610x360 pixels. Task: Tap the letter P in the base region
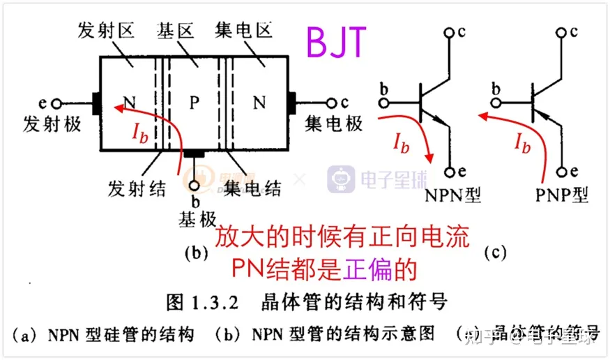(x=195, y=103)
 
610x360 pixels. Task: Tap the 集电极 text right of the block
(x=335, y=123)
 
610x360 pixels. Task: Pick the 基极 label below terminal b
(x=198, y=219)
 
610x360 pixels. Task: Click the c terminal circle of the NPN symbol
(x=450, y=31)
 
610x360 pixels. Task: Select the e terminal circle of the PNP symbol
(x=562, y=171)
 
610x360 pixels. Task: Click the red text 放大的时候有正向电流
(x=341, y=239)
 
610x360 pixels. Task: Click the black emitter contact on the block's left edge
(x=97, y=103)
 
